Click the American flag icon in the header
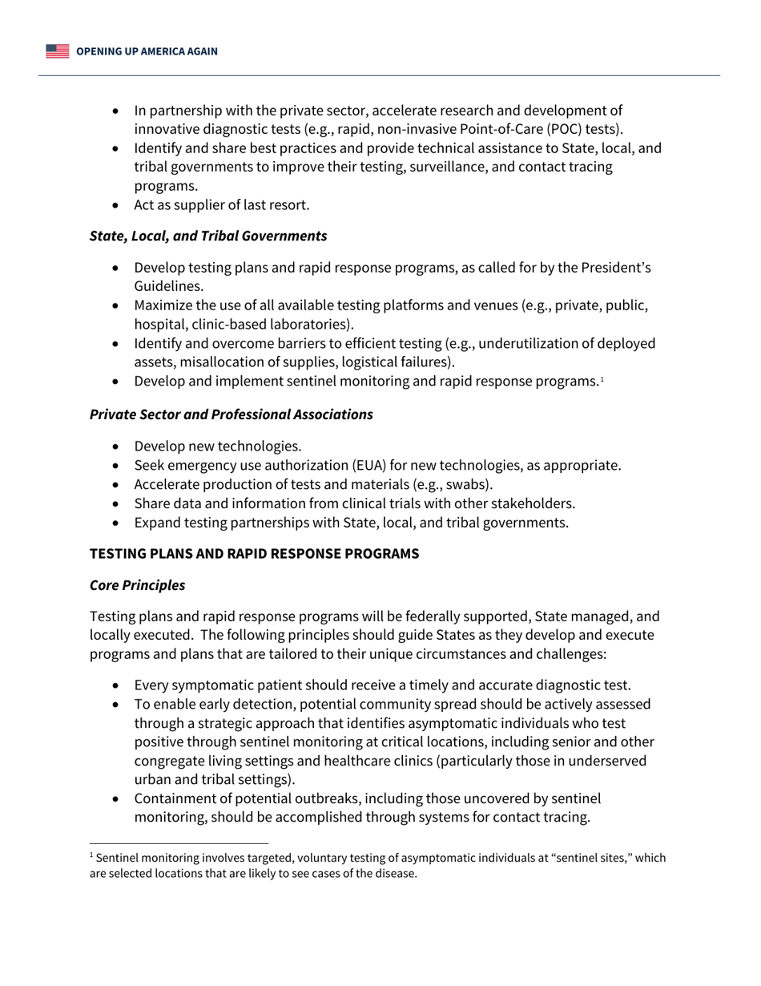pos(58,51)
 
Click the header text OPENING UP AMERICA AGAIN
pos(147,51)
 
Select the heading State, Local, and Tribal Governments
pos(208,236)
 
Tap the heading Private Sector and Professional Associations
pos(231,414)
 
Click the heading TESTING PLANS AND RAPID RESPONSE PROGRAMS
pos(254,554)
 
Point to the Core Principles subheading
pos(137,585)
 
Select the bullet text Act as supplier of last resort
pos(221,205)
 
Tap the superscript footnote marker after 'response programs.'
pos(602,378)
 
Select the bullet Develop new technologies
pos(218,447)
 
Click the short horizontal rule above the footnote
pos(179,843)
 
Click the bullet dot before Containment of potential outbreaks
pos(119,798)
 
